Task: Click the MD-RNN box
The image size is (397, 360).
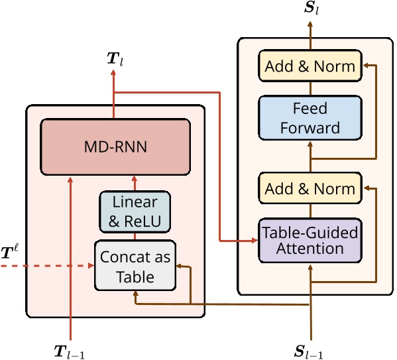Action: [x=115, y=147]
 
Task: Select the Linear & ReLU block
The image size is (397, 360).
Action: [x=135, y=211]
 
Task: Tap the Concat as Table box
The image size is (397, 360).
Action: [x=135, y=266]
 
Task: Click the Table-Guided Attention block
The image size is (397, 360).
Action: [x=311, y=240]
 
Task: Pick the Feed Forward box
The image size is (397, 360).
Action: [x=310, y=118]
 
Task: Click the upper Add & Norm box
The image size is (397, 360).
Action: [x=310, y=66]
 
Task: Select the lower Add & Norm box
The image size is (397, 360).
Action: [x=310, y=189]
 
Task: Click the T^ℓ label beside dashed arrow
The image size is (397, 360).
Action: [x=11, y=253]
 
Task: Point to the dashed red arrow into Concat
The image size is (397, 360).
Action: [x=46, y=266]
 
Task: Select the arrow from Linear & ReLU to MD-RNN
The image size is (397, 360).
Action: [x=135, y=183]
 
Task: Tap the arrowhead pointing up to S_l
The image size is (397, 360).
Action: [x=310, y=25]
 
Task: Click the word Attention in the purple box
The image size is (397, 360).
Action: [x=311, y=249]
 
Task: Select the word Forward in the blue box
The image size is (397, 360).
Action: [x=310, y=127]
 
